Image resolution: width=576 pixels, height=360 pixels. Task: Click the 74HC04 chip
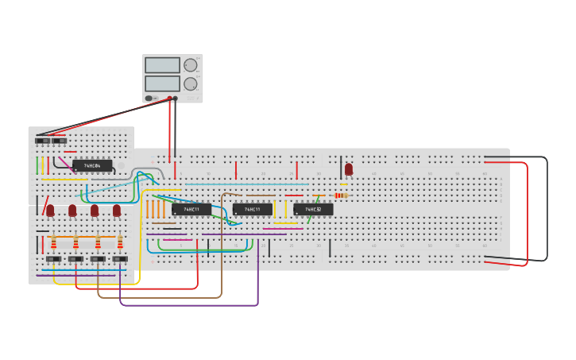click(92, 165)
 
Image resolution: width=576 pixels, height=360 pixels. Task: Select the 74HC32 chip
click(313, 209)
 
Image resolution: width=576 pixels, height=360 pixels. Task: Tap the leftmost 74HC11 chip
click(191, 209)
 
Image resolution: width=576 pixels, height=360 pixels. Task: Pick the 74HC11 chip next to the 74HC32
click(253, 209)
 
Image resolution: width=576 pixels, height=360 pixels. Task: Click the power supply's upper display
click(162, 65)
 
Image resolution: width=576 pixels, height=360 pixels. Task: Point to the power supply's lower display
click(162, 83)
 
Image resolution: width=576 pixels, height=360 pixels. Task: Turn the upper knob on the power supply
click(191, 65)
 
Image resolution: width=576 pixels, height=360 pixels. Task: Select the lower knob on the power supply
click(191, 83)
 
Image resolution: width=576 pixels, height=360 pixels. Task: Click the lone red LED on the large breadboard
click(348, 169)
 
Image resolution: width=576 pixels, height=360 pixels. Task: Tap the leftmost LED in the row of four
click(50, 211)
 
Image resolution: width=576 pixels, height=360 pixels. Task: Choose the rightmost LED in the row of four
click(117, 211)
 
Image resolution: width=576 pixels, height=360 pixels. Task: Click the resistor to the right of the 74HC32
click(340, 195)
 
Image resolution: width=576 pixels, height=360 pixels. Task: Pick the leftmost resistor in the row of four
click(54, 243)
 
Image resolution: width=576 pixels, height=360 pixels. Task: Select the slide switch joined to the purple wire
click(120, 259)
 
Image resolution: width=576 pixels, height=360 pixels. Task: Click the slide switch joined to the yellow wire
click(53, 259)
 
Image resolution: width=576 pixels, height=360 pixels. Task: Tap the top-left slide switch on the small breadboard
click(42, 141)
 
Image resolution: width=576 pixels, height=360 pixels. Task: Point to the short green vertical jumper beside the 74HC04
click(37, 165)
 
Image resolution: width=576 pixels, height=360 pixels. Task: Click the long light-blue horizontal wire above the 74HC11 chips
click(246, 184)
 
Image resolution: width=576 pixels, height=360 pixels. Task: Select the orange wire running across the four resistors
click(83, 237)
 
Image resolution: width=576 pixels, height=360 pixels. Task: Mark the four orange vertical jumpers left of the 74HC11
click(155, 209)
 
